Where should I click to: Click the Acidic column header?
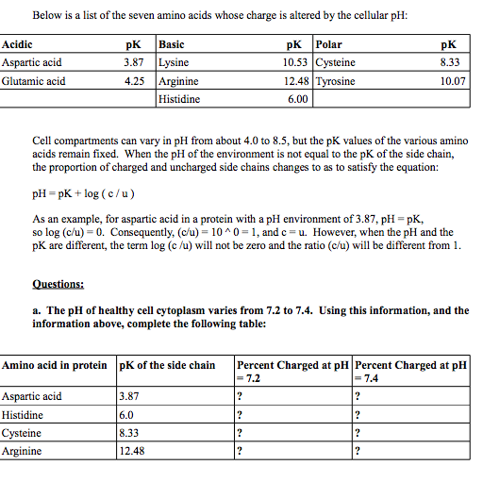tap(18, 44)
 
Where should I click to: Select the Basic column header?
tap(173, 44)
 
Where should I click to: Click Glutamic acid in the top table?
tap(34, 81)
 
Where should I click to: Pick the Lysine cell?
tap(175, 62)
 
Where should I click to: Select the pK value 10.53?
tap(296, 62)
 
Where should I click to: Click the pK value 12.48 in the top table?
tap(296, 81)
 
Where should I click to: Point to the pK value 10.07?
tap(453, 81)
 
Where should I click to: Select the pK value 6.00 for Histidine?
tap(298, 98)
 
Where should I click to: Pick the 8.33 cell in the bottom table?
tap(130, 433)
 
